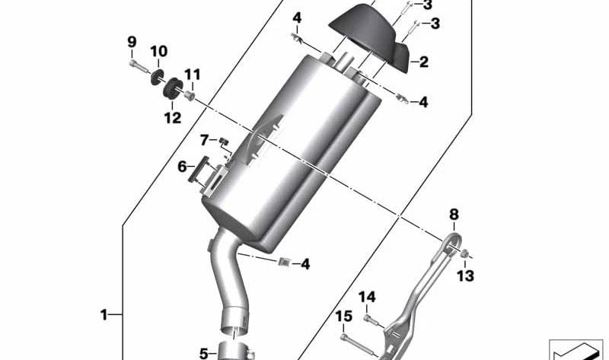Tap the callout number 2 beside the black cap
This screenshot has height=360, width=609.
(x=423, y=62)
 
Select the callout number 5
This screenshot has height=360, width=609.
(x=203, y=352)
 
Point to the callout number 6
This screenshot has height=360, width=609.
(x=183, y=167)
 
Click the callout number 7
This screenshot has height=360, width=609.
(x=204, y=139)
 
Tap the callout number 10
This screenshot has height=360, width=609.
(x=158, y=52)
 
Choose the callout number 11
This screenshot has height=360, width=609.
(x=192, y=75)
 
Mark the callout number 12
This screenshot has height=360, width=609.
(x=173, y=117)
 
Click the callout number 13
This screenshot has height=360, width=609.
(x=466, y=274)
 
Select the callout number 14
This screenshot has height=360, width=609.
(x=367, y=297)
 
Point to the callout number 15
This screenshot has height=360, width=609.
(x=343, y=316)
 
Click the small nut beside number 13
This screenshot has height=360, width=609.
(x=466, y=253)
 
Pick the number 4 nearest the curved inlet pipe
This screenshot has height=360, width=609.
(x=304, y=264)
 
